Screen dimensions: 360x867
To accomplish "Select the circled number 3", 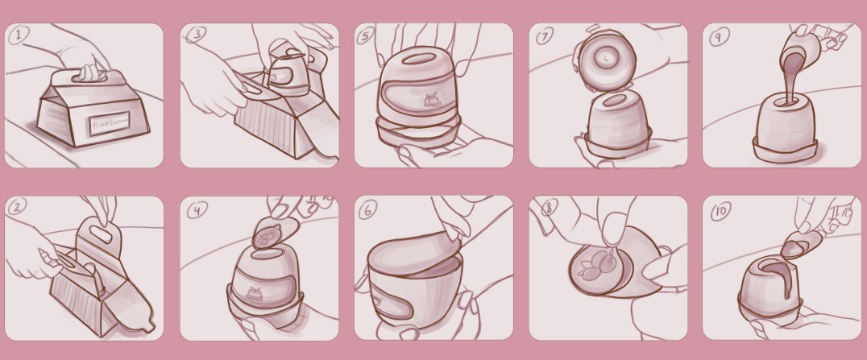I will [x=194, y=35].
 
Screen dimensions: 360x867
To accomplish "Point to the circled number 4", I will [x=196, y=210].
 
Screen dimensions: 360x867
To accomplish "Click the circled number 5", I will [x=367, y=36].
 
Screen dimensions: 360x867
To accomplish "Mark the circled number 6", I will [x=367, y=210].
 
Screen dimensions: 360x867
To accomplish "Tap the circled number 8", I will [x=549, y=208].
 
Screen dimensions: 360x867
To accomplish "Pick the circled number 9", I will [x=716, y=36].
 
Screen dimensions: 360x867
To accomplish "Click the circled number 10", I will [x=720, y=212].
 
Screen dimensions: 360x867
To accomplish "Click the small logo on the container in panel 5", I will [x=429, y=101].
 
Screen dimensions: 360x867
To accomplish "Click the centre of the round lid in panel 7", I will [x=604, y=57].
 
